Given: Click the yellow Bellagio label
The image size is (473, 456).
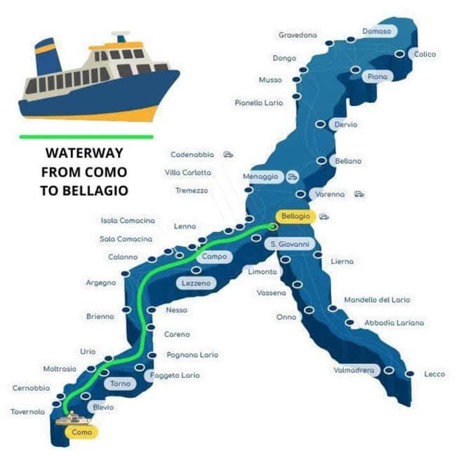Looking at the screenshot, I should (x=294, y=216).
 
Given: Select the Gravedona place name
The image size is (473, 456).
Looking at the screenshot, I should (x=298, y=34).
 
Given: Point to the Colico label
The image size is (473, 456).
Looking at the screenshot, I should (x=425, y=54).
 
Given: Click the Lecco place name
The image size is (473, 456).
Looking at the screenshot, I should (x=434, y=374).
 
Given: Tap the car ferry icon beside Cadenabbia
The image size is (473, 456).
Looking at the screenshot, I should (x=228, y=154).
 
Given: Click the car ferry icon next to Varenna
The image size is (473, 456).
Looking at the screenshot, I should (x=359, y=194).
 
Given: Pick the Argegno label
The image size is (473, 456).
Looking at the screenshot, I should (x=100, y=283).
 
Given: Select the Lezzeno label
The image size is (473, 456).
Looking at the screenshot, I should (x=196, y=283).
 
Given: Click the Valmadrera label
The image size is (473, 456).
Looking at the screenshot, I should (x=354, y=370).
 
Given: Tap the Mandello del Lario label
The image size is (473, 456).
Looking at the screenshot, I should (x=376, y=300).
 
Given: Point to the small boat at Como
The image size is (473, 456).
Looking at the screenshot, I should (x=70, y=420).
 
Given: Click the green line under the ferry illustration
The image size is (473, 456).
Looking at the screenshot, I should (x=86, y=135).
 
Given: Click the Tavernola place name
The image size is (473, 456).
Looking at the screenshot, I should (x=28, y=412).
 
